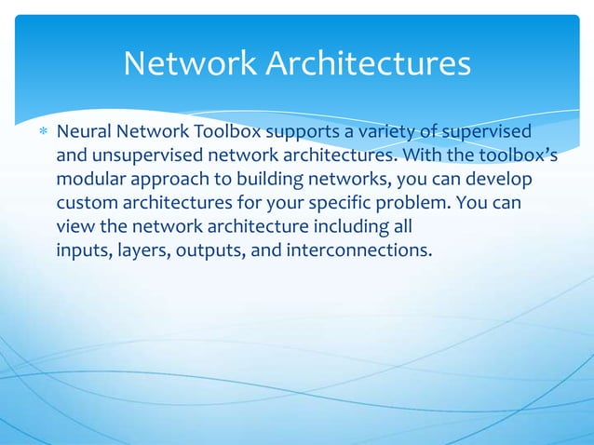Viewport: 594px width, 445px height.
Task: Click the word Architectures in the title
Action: [x=367, y=63]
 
